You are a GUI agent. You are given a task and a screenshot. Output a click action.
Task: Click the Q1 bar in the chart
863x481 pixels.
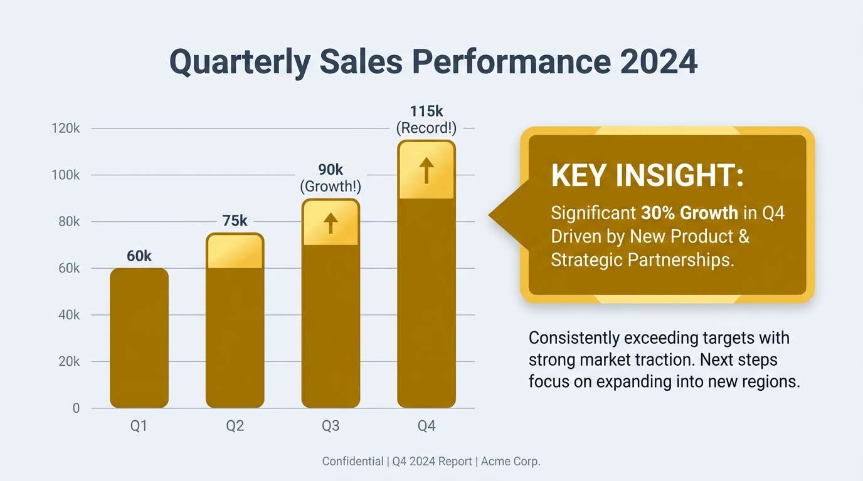139,338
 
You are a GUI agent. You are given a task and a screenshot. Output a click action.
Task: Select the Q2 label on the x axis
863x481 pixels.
235,427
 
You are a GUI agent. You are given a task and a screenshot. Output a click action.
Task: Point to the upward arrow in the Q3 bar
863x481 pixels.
331,223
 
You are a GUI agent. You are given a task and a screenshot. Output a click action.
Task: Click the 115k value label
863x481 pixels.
426,111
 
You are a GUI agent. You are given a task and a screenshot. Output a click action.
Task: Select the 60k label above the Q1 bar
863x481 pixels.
139,256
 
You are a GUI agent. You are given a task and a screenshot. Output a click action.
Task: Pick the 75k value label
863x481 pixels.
235,221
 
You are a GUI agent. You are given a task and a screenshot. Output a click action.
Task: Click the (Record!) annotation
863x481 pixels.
426,128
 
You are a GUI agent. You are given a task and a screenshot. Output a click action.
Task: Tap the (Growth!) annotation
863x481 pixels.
331,187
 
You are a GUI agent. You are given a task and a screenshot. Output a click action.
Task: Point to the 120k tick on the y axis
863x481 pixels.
66,128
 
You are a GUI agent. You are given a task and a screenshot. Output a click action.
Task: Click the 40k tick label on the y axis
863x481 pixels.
68,315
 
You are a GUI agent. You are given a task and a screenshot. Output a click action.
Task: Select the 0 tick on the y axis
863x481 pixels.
76,408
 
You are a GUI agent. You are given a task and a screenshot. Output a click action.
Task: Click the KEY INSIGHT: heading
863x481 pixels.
647,176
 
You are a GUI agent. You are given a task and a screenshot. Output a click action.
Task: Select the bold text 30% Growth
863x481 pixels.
689,214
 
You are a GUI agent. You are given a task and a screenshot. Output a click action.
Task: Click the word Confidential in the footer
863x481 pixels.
352,462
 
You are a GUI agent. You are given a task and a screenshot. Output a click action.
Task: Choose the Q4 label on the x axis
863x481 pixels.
426,427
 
